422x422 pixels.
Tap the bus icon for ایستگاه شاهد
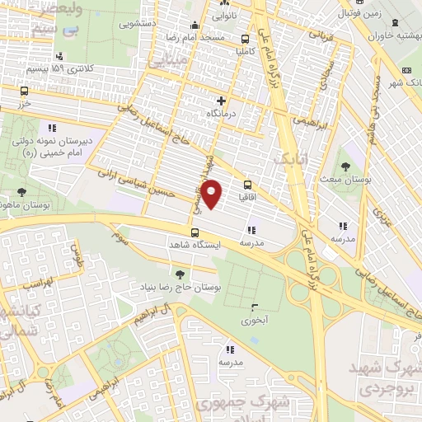[x=195, y=232]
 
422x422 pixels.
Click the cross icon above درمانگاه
[x=220, y=101]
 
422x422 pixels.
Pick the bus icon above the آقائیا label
[x=248, y=185]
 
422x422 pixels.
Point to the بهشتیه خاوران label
[x=395, y=35]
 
